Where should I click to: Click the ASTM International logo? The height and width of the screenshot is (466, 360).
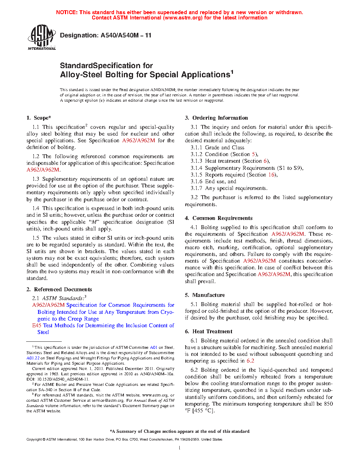tap(42, 37)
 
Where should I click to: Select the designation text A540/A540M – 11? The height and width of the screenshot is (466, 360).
tap(126, 35)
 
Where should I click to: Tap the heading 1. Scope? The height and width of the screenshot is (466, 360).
tap(39, 118)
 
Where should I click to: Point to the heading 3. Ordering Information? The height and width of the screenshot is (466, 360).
tap(216, 118)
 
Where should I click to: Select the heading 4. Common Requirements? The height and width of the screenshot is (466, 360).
tap(218, 218)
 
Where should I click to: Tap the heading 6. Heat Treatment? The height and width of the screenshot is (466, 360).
tap(209, 331)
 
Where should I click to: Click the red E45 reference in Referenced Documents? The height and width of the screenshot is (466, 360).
tap(37, 325)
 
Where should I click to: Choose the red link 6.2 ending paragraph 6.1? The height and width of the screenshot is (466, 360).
tap(250, 361)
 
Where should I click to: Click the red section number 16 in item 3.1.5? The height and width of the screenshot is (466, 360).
tap(271, 175)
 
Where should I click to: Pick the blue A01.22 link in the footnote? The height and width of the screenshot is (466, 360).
tap(33, 358)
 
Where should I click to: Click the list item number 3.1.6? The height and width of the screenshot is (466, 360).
tap(196, 181)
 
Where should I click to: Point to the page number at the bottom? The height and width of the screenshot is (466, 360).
tap(180, 448)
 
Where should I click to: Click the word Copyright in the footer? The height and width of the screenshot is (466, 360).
tap(34, 440)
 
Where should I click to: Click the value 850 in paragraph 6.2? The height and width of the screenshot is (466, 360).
tap(328, 404)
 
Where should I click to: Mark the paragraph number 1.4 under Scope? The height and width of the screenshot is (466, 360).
tap(36, 208)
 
